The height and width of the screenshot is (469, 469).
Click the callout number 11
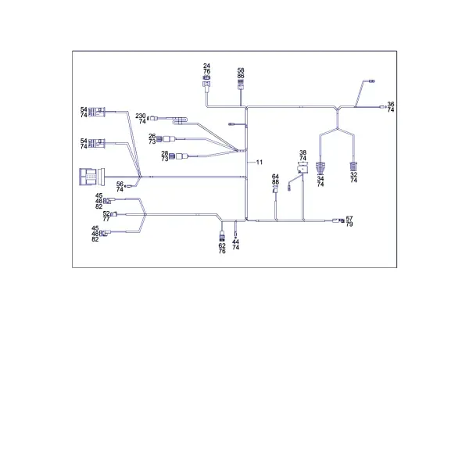coord(260,162)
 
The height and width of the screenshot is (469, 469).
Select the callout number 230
coord(141,116)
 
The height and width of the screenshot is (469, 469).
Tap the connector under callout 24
coord(206,82)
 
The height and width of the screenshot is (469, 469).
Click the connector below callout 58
coord(241,84)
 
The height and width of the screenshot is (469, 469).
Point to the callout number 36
coord(391,104)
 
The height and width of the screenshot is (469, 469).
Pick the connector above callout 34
coord(320,168)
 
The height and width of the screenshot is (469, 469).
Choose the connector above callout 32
coord(353,166)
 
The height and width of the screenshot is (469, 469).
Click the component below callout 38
coord(303,167)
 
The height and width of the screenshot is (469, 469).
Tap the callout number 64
coord(275,177)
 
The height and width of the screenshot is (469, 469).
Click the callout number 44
coord(235,242)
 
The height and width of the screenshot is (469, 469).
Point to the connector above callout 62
coord(222,236)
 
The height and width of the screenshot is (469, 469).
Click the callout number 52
coord(106,213)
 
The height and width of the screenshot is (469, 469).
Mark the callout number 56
coord(120,184)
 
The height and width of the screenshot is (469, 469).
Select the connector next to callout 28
coord(178,156)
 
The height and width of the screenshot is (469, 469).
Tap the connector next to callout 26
coord(166,139)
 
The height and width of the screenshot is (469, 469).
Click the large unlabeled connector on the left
coord(91,177)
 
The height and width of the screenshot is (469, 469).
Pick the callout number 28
coord(164,154)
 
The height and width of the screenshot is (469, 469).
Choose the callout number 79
coord(349,224)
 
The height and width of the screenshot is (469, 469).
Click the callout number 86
coord(241,76)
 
